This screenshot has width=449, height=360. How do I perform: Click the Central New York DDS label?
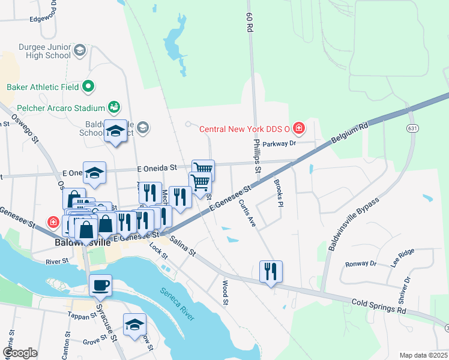(x=244, y=128)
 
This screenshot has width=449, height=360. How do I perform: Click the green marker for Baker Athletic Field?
(x=88, y=87)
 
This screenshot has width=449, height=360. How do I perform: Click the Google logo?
(x=20, y=352)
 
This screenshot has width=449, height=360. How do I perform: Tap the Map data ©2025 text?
(x=423, y=355)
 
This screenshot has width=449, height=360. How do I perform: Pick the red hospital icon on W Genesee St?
(x=54, y=221)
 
